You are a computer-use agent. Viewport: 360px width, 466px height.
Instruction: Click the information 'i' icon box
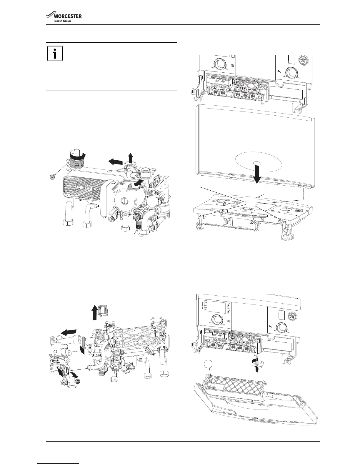[x=55, y=53]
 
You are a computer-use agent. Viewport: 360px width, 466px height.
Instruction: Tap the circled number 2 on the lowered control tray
[x=252, y=222]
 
